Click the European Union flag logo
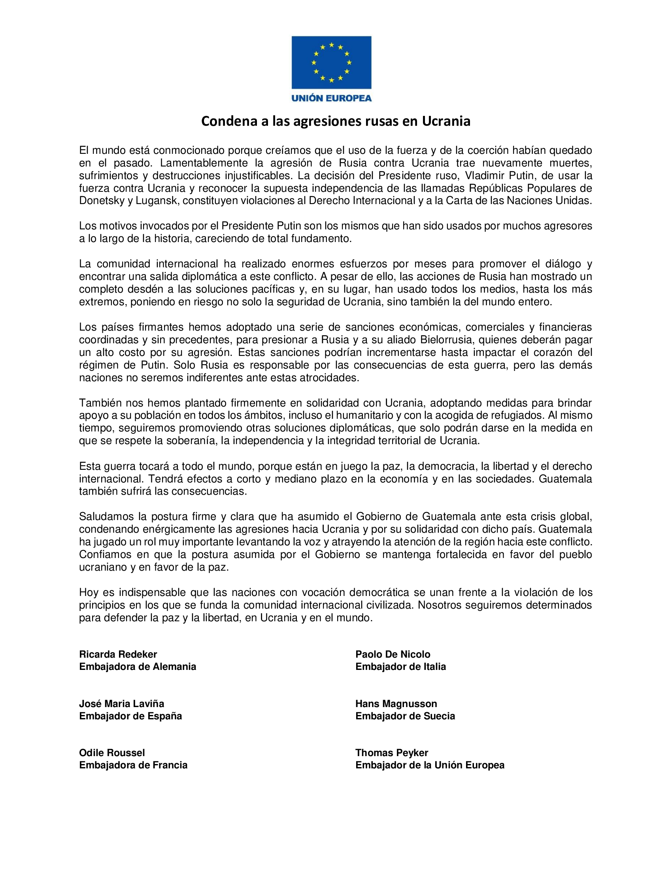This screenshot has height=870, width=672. pyautogui.click(x=331, y=62)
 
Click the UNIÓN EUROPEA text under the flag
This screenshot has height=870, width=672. pyautogui.click(x=331, y=98)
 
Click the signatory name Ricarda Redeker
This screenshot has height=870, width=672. pyautogui.click(x=118, y=654)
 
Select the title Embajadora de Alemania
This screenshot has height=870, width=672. pyautogui.click(x=137, y=666)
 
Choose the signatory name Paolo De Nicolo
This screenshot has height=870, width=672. pyautogui.click(x=393, y=654)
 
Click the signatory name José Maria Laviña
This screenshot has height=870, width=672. pyautogui.click(x=121, y=704)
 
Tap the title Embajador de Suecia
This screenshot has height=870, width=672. pyautogui.click(x=405, y=716)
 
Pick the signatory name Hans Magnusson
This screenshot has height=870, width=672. pyautogui.click(x=396, y=704)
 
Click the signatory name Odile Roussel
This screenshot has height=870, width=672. pyautogui.click(x=112, y=753)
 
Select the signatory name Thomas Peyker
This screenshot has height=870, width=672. pyautogui.click(x=392, y=753)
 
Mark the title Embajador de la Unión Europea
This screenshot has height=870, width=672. pyautogui.click(x=430, y=765)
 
